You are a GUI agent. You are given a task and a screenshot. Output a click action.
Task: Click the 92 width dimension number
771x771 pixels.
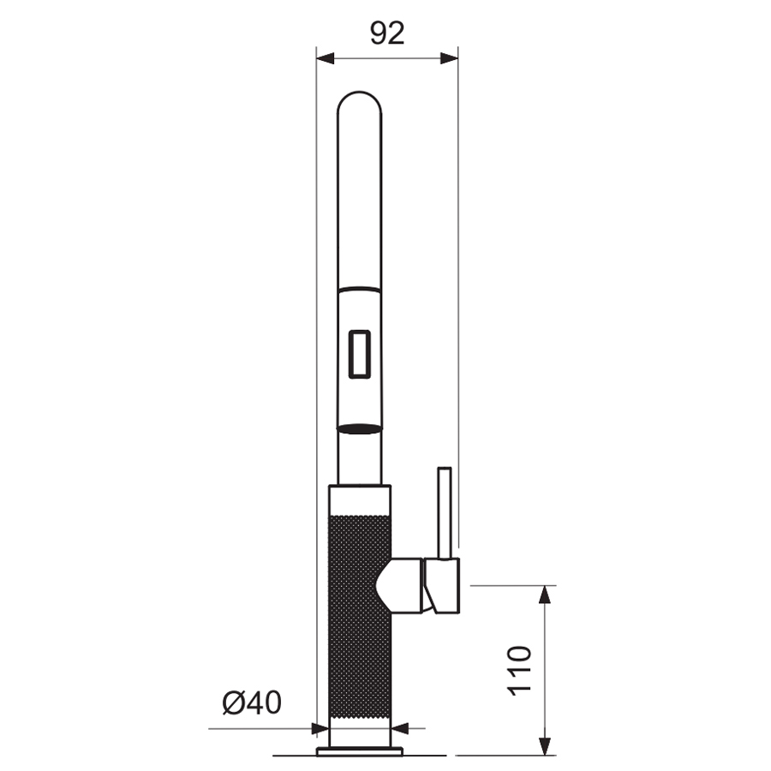coord(387,33)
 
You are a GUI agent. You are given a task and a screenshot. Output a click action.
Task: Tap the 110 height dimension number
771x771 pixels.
coord(519,670)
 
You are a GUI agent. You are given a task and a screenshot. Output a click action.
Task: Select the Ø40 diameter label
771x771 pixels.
coord(252,702)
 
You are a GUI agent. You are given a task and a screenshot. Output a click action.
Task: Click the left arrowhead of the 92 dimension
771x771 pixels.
coord(325,58)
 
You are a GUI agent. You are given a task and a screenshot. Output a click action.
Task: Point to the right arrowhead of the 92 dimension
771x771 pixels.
coord(449,58)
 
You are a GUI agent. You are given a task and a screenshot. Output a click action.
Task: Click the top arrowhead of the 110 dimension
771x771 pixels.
coord(544,595)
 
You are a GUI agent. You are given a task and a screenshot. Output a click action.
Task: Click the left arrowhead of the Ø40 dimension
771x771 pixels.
coord(320,728)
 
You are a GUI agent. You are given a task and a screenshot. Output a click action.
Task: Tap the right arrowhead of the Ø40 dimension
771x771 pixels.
coord(400,728)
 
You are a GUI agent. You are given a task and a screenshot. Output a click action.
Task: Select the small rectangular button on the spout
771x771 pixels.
coord(360,354)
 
